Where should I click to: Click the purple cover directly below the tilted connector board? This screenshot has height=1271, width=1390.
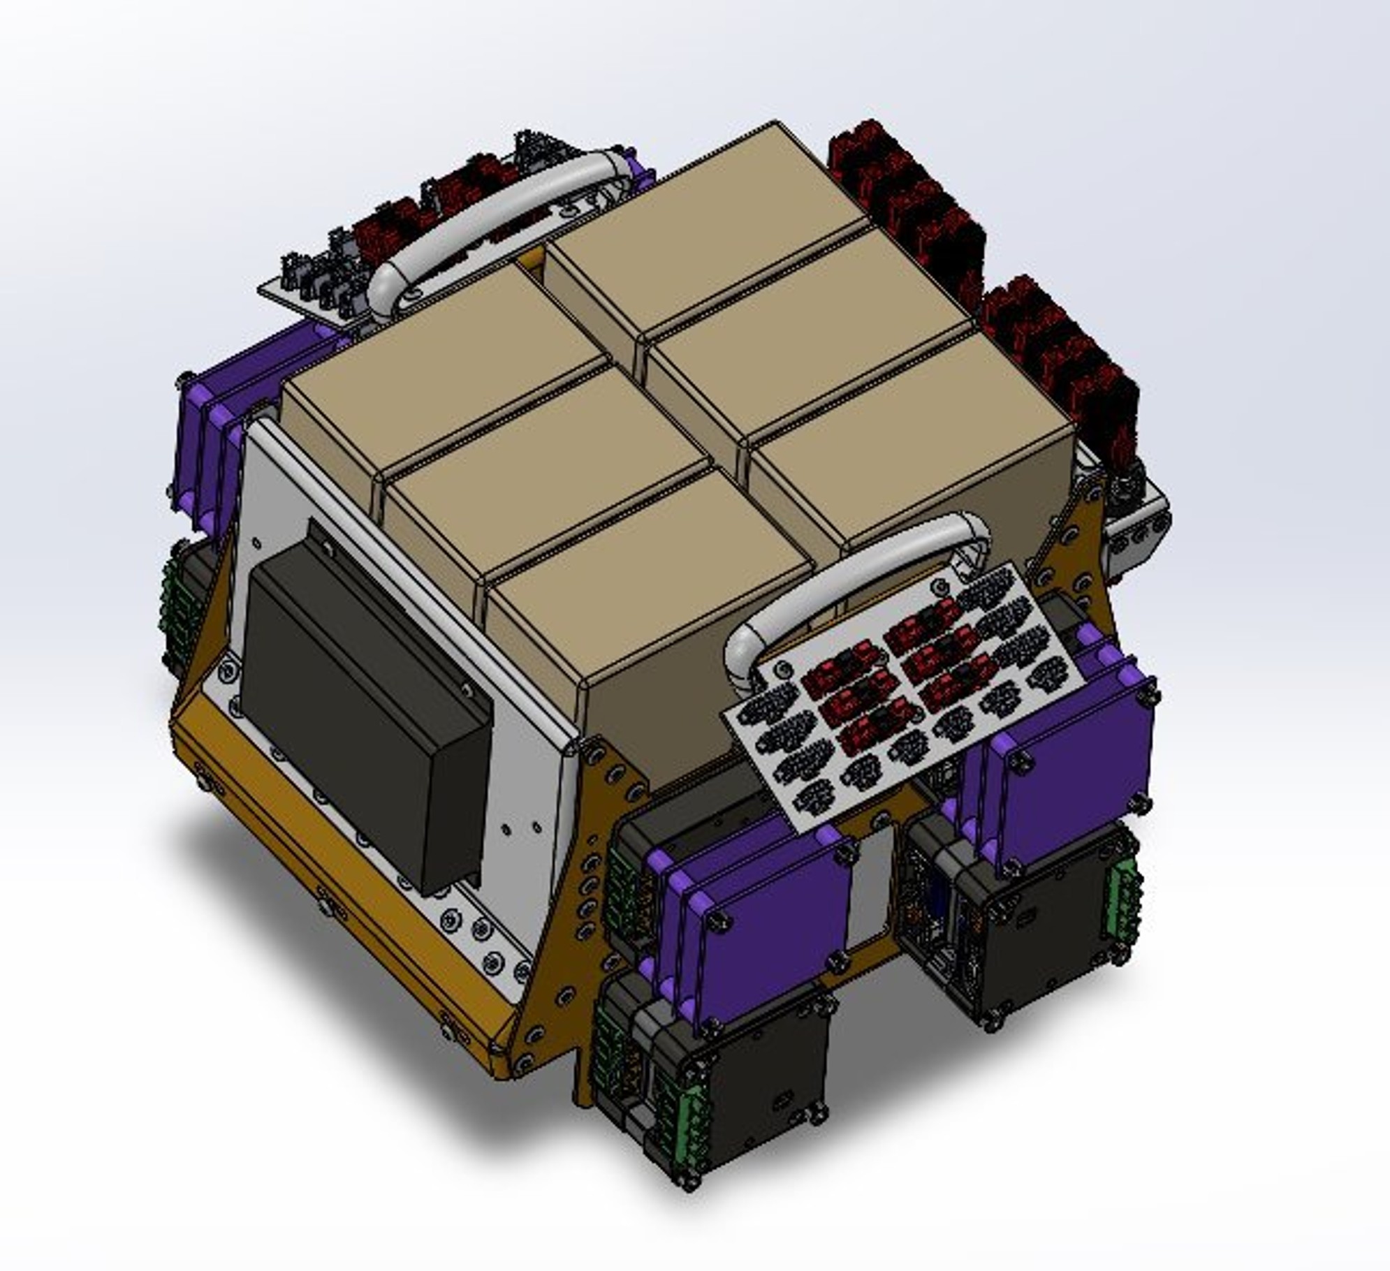point(768,929)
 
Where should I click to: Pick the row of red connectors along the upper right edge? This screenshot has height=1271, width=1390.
point(978,265)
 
